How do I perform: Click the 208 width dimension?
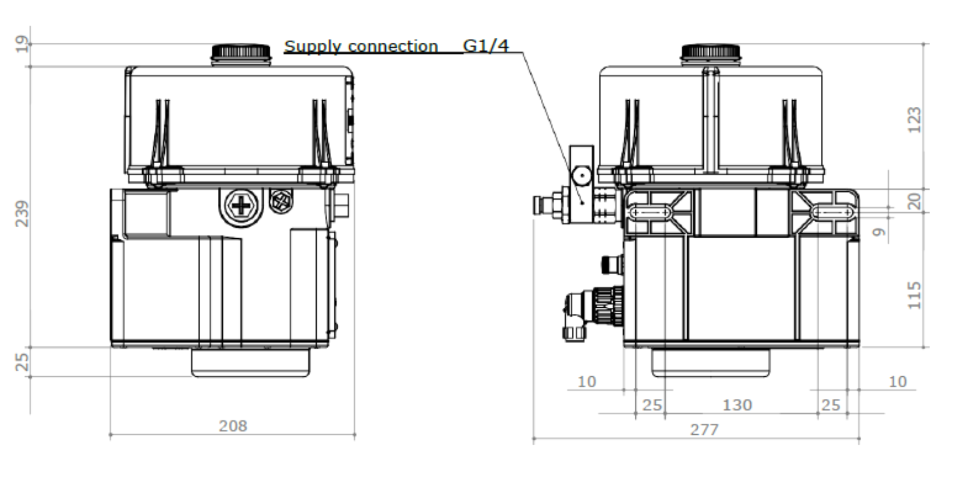(232, 426)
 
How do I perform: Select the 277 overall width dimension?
(704, 430)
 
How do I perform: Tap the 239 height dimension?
(22, 214)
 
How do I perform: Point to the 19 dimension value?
(22, 44)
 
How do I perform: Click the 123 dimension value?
(914, 120)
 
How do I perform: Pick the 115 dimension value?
(914, 295)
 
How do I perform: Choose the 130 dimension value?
(737, 405)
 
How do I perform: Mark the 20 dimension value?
(914, 201)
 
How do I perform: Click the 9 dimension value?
(879, 232)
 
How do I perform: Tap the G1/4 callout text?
(486, 46)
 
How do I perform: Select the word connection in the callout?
(393, 47)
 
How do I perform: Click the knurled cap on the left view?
(240, 52)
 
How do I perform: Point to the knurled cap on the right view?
(710, 52)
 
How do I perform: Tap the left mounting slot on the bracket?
(650, 213)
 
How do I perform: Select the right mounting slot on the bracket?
(832, 213)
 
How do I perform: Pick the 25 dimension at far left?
(22, 362)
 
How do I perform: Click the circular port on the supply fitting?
(582, 176)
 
